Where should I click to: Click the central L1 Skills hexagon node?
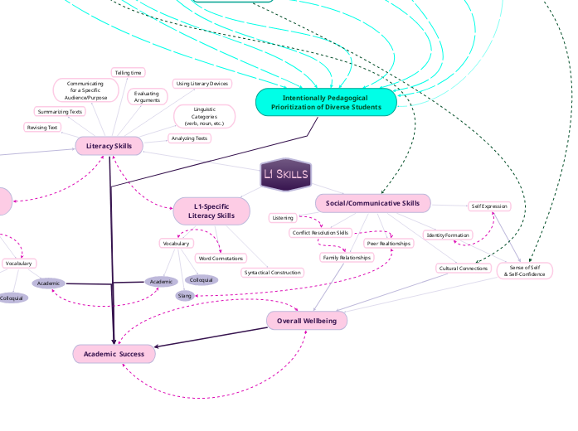point(285,174)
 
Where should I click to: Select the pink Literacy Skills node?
point(109,147)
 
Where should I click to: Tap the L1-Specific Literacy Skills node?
point(211,211)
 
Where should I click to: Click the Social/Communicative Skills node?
point(372,203)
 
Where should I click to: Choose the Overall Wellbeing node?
point(307,321)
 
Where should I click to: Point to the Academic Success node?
point(114,354)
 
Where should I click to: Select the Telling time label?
point(128,73)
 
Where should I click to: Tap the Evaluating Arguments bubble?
point(147,97)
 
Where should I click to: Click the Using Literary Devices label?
point(202,84)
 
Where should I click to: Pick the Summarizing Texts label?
point(60,111)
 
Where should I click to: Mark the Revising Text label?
point(42,128)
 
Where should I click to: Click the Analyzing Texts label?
point(189,138)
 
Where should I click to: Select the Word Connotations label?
point(221,259)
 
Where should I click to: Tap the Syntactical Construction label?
point(272,273)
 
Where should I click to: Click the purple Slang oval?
point(184,296)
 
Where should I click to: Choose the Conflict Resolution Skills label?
point(321,233)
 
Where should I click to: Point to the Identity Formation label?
point(448,235)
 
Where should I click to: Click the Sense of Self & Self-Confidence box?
point(524,271)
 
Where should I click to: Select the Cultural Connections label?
point(463,269)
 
